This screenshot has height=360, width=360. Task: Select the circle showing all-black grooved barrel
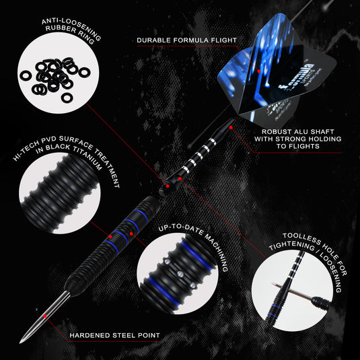(60, 196)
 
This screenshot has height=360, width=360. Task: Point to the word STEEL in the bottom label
(132, 334)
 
